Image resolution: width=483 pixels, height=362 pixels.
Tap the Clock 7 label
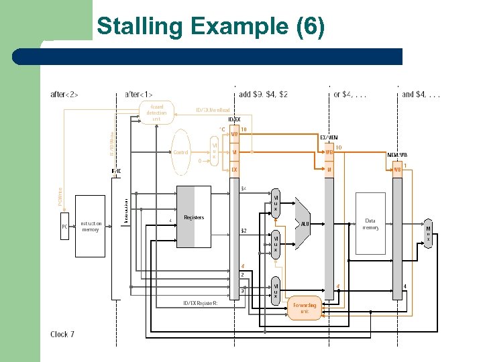62,334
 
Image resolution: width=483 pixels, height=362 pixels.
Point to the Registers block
193,217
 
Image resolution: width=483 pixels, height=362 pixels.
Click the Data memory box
370,223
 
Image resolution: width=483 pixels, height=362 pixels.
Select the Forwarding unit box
305,308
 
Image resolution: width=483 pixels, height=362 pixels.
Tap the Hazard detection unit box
156,113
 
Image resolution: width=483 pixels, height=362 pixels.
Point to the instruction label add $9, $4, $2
264,95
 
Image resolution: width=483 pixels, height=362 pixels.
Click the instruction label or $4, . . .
350,95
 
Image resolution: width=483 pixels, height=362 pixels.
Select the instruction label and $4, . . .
421,95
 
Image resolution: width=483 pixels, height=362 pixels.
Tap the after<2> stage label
64,95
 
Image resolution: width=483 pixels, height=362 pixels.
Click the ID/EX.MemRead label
213,110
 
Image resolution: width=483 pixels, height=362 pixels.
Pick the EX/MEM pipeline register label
328,137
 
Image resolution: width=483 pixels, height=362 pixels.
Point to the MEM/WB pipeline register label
397,155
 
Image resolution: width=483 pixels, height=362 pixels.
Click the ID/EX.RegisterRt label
201,304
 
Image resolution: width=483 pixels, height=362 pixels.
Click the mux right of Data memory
428,232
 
